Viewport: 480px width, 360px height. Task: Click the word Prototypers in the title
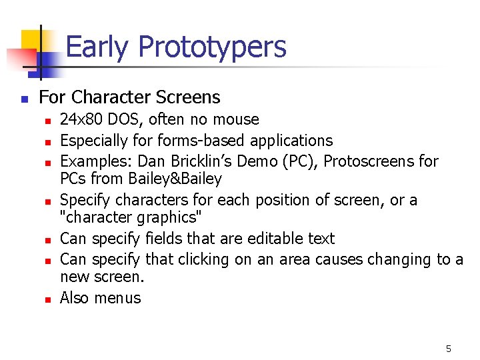(212, 47)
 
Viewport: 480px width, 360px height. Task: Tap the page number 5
(449, 348)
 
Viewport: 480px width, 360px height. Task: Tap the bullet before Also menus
(47, 299)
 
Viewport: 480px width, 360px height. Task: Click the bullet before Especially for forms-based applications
(47, 141)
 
